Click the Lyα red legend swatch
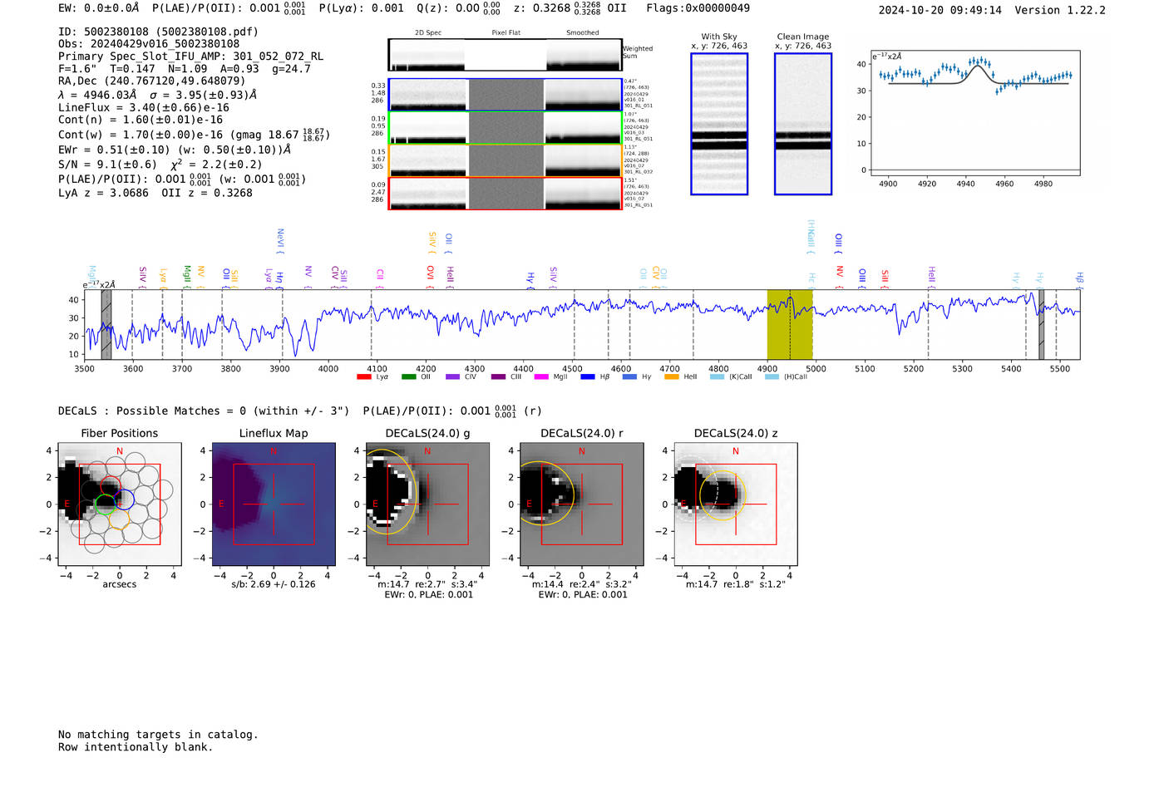coord(363,377)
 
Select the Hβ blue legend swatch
coord(588,377)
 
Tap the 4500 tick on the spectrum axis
coord(572,368)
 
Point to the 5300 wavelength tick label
coord(962,368)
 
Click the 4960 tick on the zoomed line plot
coord(1004,184)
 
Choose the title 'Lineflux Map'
coord(273,433)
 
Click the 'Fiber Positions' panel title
coord(119,433)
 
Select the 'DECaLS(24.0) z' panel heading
coord(736,433)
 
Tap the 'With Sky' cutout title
coord(719,37)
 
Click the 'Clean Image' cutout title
coord(802,37)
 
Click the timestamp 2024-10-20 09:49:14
coord(940,10)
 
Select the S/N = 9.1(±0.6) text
coord(107,165)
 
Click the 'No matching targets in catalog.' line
coord(158,735)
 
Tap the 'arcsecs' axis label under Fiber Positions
coord(119,584)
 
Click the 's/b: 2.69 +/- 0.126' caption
coord(273,584)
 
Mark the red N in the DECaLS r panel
coord(582,451)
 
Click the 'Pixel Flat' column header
coord(506,33)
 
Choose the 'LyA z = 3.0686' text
coord(103,193)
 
